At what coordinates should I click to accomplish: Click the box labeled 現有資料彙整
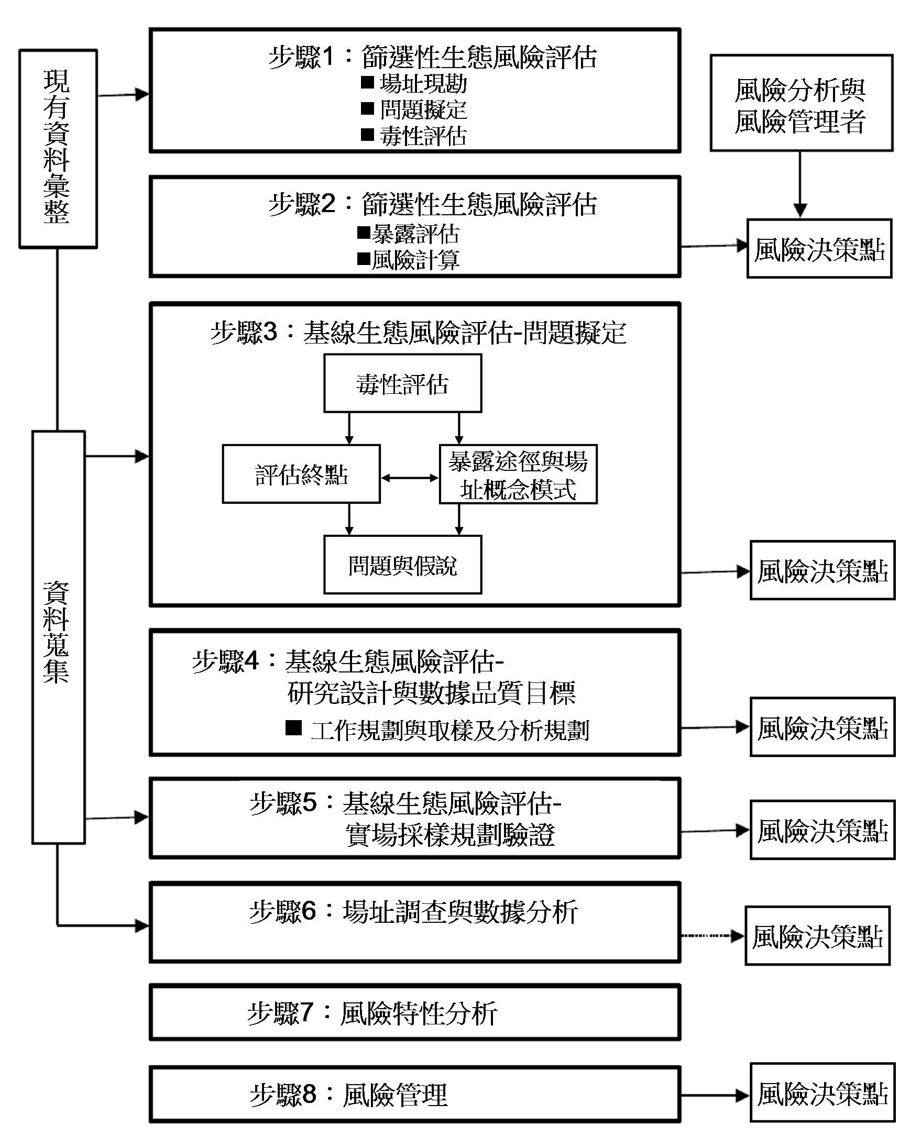[58, 149]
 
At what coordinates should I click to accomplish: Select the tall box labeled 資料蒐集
[58, 637]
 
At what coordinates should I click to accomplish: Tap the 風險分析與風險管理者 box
[801, 104]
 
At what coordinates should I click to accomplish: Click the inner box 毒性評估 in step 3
[403, 383]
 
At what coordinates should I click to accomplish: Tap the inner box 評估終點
[301, 474]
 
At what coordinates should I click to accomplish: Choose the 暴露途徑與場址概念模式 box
[518, 474]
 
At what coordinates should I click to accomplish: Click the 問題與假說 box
[403, 565]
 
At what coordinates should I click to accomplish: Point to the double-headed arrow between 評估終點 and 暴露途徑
[410, 478]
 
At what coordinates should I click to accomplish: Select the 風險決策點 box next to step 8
[821, 1095]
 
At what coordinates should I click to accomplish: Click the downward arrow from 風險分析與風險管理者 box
[800, 184]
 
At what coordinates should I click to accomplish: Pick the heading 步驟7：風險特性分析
[372, 1013]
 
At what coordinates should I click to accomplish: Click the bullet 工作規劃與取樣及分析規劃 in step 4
[449, 730]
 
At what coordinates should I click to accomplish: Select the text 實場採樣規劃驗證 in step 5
[450, 835]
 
